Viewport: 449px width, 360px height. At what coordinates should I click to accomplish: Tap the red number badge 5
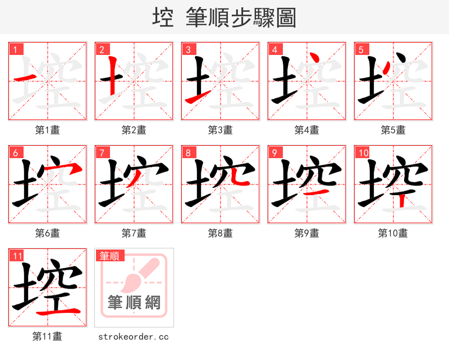point(361,49)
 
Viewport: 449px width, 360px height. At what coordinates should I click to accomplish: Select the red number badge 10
point(363,153)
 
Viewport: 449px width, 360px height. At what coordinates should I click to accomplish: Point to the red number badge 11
point(17,256)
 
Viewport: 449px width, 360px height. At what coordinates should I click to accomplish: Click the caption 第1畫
point(48,130)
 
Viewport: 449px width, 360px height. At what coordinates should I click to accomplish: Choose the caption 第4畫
point(307,130)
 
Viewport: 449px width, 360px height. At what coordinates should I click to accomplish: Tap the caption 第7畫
point(134,233)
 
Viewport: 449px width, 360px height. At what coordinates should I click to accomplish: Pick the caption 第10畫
point(393,233)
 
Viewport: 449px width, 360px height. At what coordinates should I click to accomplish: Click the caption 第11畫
point(48,336)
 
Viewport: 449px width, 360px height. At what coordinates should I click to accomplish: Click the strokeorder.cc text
point(134,336)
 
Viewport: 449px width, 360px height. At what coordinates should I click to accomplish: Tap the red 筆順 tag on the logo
point(109,256)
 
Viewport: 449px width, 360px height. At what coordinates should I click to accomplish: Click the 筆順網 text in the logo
point(134,303)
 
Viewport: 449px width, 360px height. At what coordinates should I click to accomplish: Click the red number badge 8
point(188,153)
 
